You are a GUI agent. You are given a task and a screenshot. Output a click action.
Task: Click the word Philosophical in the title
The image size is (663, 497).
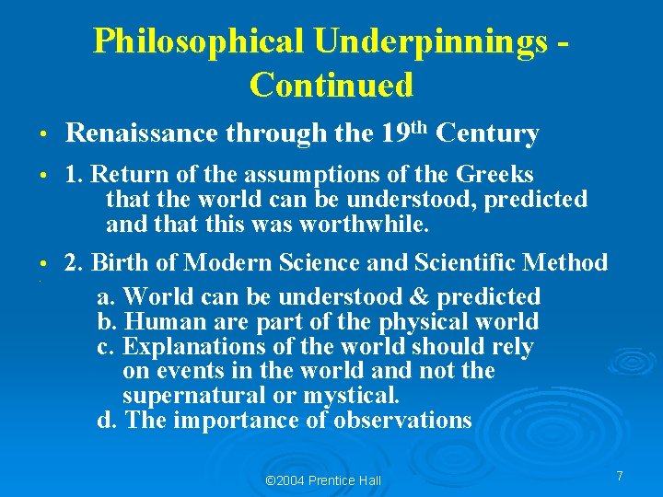click(198, 41)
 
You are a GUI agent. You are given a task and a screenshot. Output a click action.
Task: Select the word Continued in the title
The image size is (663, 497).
click(331, 86)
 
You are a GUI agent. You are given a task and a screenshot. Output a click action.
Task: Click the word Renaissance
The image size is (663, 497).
click(144, 134)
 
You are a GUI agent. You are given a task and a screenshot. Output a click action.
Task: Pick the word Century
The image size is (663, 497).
click(487, 134)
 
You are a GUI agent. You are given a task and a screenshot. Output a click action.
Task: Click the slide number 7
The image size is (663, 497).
click(620, 476)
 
